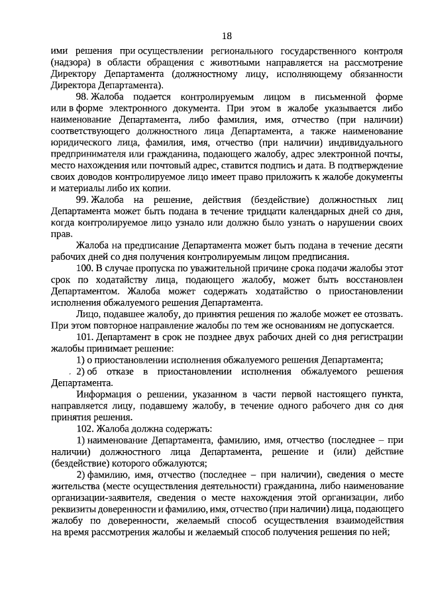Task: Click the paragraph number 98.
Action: point(83,97)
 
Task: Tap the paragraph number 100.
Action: point(85,267)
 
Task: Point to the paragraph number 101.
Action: point(85,337)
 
